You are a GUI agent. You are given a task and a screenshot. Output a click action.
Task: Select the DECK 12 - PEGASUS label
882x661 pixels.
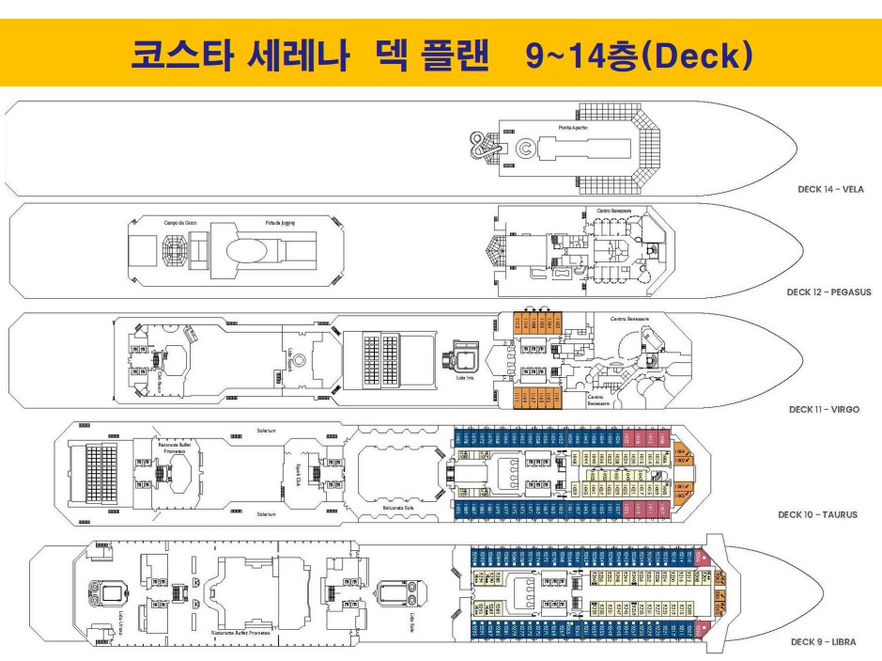pyautogui.click(x=828, y=292)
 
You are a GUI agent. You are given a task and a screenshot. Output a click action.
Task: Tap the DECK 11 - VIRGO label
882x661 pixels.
pyautogui.click(x=824, y=410)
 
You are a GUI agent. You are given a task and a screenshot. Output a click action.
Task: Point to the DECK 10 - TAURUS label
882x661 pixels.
pyautogui.click(x=817, y=514)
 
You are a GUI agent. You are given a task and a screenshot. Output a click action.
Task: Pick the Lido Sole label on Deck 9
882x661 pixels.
pyautogui.click(x=411, y=622)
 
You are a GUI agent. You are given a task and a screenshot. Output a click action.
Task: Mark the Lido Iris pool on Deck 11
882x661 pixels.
pyautogui.click(x=463, y=357)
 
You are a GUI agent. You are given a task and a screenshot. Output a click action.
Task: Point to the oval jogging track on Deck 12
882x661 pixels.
pyautogui.click(x=254, y=249)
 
